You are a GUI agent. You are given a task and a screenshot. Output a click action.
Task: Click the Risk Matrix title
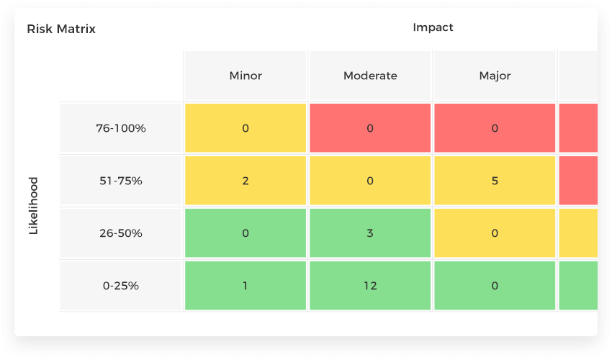click(61, 30)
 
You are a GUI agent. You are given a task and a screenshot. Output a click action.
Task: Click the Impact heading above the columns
click(433, 27)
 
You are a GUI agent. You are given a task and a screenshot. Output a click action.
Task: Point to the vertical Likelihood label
click(33, 206)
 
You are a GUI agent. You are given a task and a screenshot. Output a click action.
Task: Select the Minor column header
click(246, 76)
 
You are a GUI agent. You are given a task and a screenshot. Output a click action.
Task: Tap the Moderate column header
click(370, 76)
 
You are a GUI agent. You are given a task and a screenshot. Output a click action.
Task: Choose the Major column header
click(495, 76)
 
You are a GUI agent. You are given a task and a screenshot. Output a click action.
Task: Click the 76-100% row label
click(121, 128)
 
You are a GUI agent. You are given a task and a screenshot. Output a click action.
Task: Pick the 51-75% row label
click(121, 181)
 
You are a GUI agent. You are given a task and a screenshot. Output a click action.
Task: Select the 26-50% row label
click(121, 233)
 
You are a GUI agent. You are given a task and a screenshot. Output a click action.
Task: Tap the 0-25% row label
click(121, 286)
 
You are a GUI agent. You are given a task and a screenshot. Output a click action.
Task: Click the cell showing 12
click(370, 286)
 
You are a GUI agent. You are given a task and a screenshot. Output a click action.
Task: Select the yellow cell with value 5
click(495, 181)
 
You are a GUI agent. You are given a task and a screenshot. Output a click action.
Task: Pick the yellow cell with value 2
click(246, 181)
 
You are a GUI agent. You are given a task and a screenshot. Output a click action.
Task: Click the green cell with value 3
click(370, 233)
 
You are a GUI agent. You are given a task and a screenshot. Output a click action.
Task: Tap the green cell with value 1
click(246, 286)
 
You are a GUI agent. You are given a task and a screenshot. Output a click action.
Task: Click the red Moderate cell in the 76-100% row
click(370, 128)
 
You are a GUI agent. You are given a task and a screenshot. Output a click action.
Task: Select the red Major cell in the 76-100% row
click(495, 128)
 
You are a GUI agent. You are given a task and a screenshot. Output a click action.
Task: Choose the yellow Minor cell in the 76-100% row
click(246, 128)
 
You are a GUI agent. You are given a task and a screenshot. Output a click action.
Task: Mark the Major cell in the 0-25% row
click(495, 286)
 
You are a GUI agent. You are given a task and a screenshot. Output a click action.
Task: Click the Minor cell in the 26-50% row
click(246, 233)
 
